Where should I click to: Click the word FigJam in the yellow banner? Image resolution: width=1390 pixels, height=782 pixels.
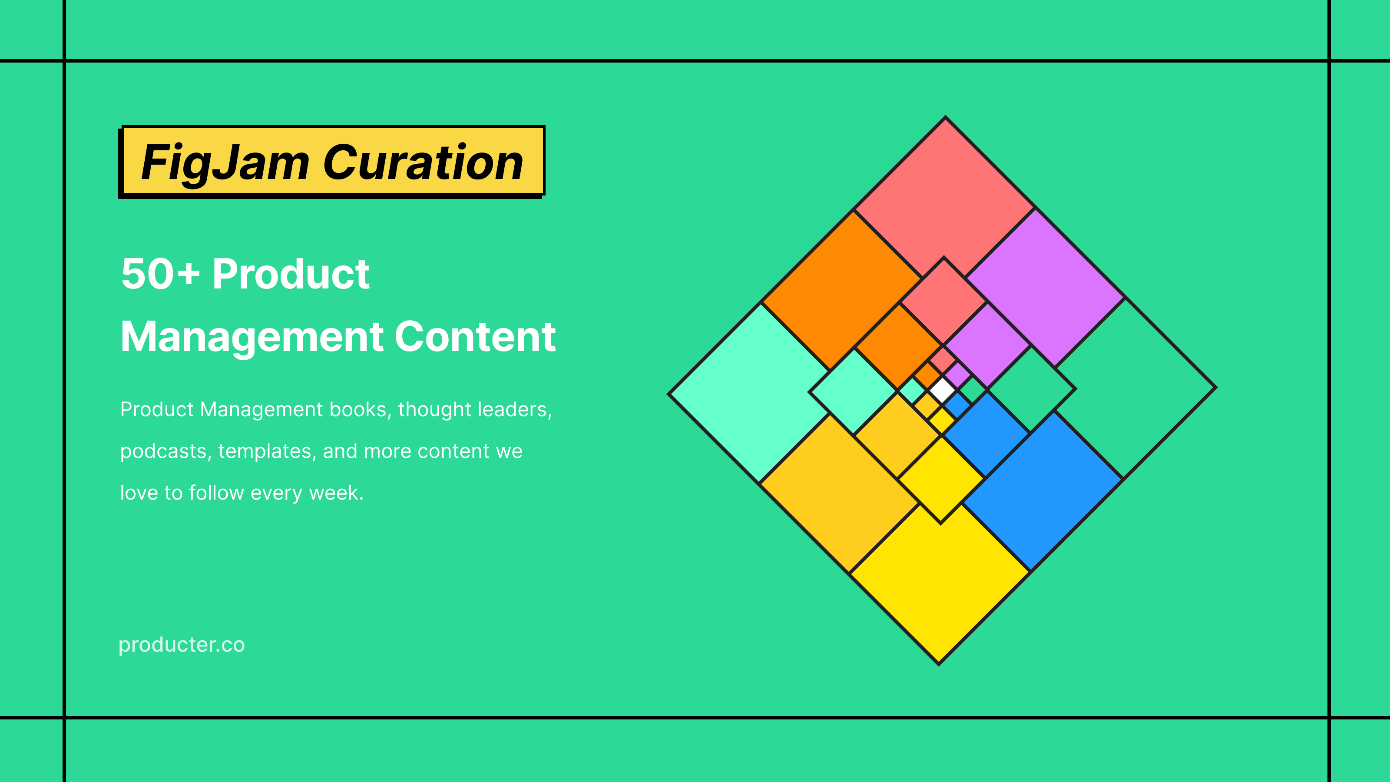[x=225, y=163]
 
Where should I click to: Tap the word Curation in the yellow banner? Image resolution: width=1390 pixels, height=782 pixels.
[x=424, y=163]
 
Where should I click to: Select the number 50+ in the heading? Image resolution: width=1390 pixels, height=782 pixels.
[x=160, y=274]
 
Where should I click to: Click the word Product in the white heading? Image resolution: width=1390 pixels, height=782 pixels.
[x=291, y=274]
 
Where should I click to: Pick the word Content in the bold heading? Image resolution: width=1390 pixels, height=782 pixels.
[x=475, y=337]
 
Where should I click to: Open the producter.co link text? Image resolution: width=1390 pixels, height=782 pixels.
[x=181, y=644]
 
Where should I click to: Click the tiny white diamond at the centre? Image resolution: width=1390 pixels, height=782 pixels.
[x=942, y=390]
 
